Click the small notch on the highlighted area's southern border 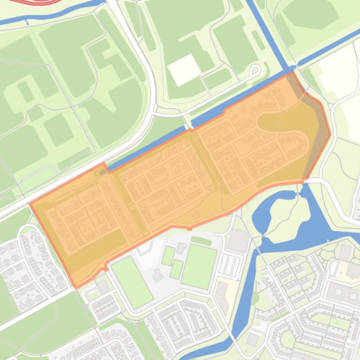(x=189, y=228)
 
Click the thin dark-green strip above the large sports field (x=201, y=241)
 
